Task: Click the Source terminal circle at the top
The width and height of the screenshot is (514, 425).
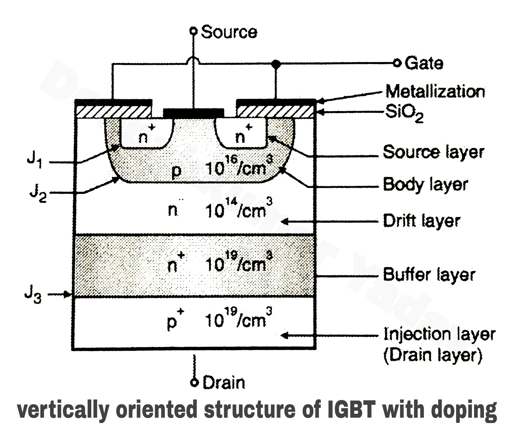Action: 193,31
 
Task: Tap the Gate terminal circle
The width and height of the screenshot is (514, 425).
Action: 397,63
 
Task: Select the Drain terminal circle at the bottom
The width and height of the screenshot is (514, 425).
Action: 194,383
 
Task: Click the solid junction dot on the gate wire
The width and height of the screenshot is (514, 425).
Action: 276,64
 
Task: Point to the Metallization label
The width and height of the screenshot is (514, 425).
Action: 435,92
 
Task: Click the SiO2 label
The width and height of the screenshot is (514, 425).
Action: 404,113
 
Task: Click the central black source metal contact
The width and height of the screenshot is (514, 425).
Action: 193,113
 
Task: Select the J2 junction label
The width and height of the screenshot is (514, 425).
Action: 38,194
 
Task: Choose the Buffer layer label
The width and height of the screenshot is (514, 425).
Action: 429,275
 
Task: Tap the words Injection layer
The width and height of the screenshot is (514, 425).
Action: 439,335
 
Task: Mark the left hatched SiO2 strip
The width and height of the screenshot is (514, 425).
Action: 113,112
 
